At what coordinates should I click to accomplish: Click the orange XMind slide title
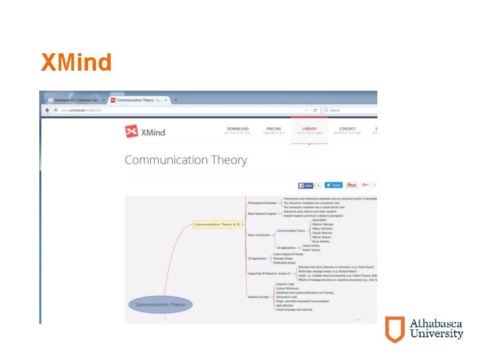[76, 63]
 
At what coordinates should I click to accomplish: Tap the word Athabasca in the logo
[436, 324]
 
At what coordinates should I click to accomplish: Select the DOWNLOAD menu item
[237, 129]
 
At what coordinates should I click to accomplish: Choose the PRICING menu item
[274, 129]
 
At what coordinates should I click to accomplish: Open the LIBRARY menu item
[309, 129]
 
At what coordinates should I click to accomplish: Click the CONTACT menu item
[347, 129]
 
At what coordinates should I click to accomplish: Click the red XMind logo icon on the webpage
[132, 131]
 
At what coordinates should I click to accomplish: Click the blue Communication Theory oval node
[160, 305]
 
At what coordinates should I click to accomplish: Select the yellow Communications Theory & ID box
[217, 225]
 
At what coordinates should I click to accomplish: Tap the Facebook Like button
[306, 185]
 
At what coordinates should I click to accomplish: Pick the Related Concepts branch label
[260, 297]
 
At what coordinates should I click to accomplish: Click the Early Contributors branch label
[259, 235]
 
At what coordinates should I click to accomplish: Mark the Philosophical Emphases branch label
[262, 203]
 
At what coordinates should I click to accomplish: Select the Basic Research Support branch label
[261, 213]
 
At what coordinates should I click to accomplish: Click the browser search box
[350, 110]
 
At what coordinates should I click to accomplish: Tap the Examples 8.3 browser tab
[73, 99]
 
